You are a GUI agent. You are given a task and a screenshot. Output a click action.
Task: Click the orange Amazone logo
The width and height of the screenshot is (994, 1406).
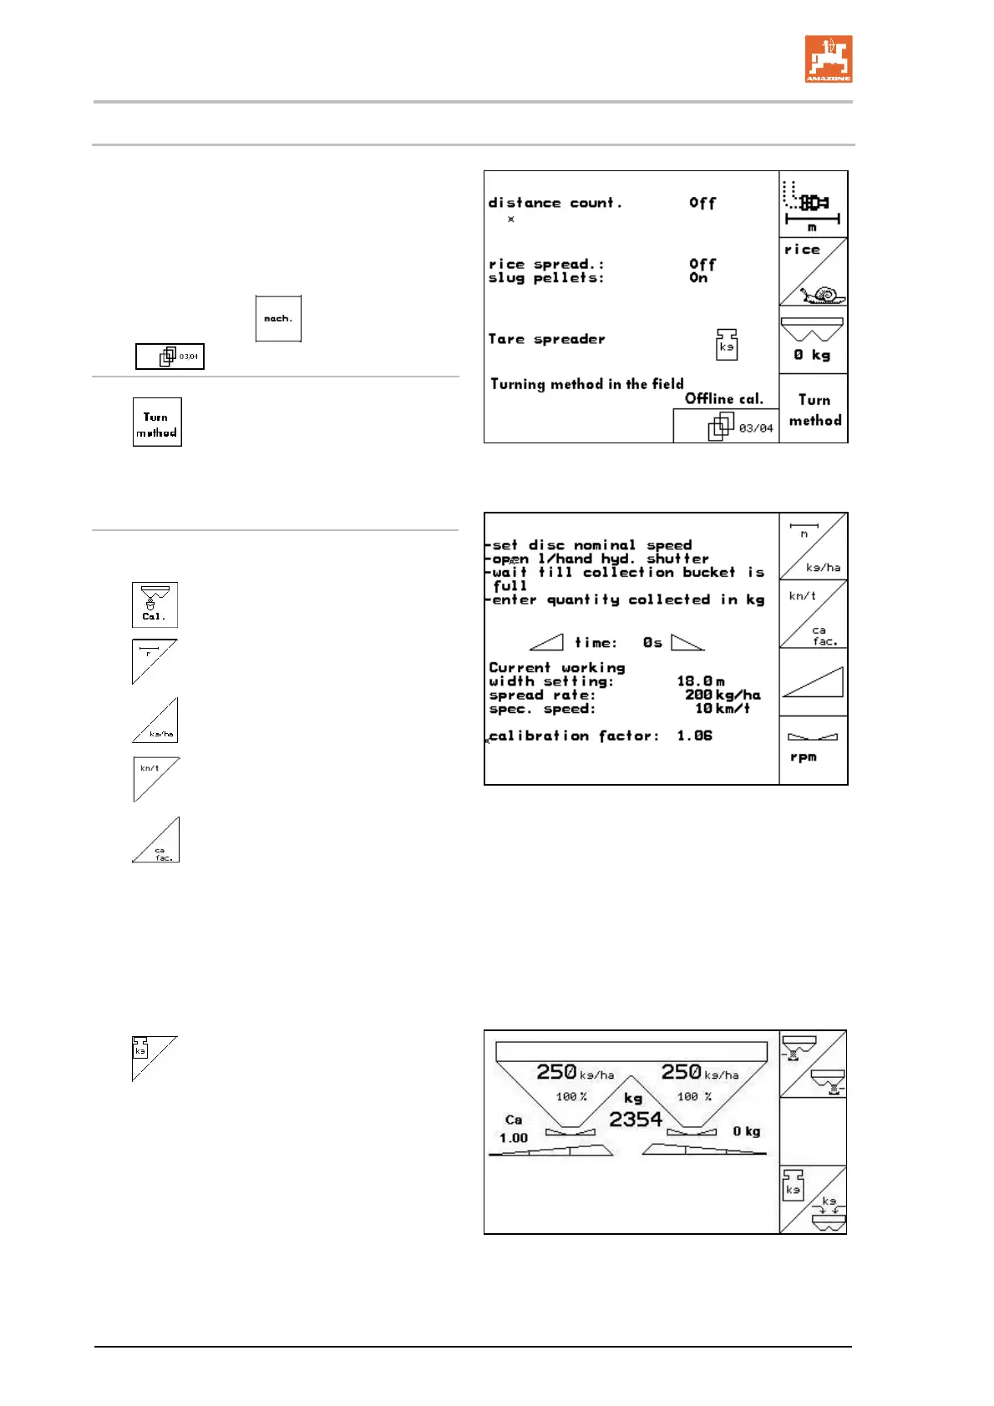point(828,58)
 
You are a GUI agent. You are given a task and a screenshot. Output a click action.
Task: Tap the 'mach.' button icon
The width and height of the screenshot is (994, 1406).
point(278,318)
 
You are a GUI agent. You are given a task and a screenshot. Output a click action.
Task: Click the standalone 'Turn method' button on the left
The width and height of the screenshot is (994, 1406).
point(157,422)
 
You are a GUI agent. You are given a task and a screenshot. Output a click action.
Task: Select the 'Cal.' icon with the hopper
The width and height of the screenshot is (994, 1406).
point(155,604)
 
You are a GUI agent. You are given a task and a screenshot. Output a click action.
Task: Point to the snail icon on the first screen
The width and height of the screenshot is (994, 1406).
point(824,295)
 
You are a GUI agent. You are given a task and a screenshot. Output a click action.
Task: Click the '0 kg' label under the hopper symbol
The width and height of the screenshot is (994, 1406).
point(812,355)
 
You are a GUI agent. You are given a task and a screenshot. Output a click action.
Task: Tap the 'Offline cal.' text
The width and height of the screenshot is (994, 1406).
point(724,398)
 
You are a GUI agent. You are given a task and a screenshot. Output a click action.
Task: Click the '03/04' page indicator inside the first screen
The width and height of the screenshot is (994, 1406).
point(755,428)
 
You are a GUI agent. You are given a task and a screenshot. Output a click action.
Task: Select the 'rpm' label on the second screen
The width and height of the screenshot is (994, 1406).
point(803,756)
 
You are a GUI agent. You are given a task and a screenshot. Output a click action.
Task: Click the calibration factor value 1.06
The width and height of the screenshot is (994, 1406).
point(694,736)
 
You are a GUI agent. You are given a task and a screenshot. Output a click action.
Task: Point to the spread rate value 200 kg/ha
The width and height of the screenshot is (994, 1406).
point(723,695)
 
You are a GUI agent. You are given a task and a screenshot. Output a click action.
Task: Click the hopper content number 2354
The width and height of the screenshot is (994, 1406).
point(635,1120)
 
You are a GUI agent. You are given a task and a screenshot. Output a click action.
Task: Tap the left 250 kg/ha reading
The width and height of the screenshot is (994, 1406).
point(575,1072)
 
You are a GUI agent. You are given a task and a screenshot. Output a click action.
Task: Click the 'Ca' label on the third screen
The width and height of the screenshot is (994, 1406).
point(514,1120)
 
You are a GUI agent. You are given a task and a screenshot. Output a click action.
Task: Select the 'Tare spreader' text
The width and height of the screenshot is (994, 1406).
point(546,339)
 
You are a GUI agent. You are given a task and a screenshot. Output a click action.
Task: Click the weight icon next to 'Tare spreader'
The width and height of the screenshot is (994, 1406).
point(727,344)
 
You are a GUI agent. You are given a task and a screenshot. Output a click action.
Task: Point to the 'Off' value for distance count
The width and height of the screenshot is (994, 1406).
point(702,203)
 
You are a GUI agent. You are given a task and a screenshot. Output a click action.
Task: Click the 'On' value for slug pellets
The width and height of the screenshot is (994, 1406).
point(698,278)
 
